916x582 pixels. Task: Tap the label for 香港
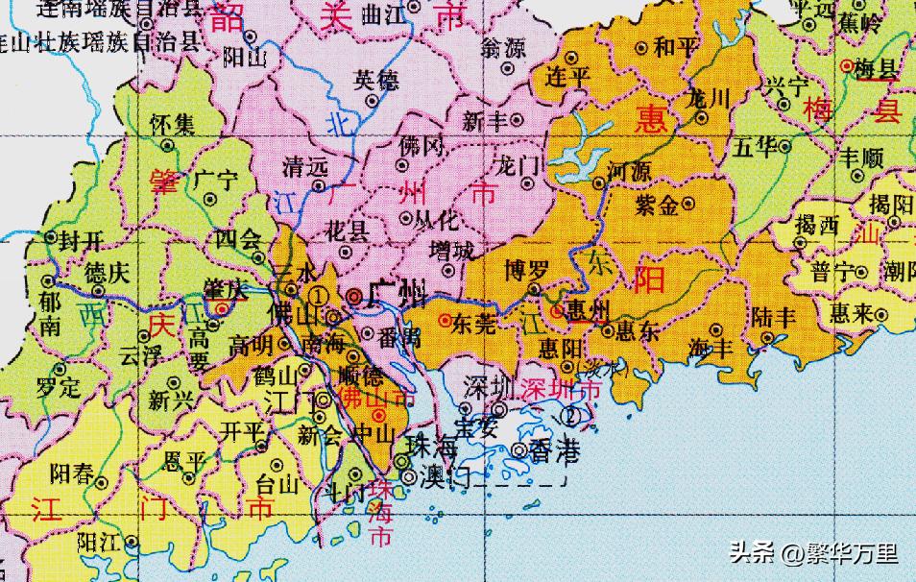coord(551,449)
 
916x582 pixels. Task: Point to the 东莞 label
coord(473,323)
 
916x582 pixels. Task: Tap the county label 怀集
coord(172,123)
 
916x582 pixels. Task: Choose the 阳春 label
coord(72,472)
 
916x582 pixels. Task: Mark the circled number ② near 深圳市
coord(572,416)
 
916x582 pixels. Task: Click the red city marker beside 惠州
coord(557,310)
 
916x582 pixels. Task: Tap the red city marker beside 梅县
coord(846,66)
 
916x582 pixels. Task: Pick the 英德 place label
coord(376,81)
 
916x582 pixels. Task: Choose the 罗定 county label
coord(58,389)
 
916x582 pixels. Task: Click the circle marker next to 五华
coord(784,147)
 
